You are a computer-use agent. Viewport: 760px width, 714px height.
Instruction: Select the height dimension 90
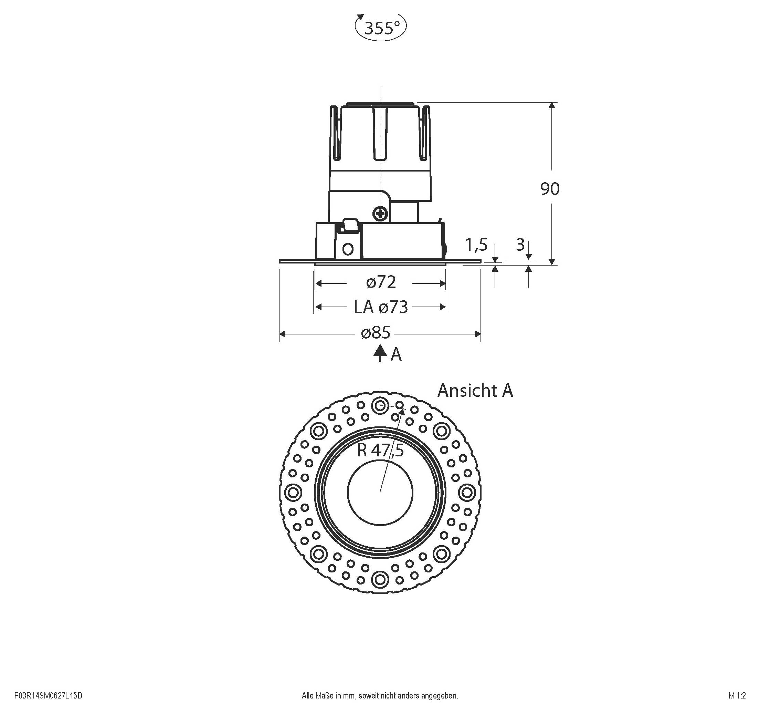point(549,189)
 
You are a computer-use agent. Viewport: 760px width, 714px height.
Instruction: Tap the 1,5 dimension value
point(476,245)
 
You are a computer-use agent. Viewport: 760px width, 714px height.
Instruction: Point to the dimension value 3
point(520,245)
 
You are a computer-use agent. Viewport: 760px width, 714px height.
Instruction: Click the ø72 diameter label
point(381,282)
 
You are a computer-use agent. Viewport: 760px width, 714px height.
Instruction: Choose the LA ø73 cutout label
point(381,307)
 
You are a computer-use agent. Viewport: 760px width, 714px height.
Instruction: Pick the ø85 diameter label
point(376,332)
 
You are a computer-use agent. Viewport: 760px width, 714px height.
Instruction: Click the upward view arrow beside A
point(380,353)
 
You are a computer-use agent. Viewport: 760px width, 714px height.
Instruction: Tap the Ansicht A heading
point(475,390)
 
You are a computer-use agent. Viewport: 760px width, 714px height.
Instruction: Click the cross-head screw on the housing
point(380,214)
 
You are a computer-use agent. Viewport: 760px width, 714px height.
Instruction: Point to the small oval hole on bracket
point(348,249)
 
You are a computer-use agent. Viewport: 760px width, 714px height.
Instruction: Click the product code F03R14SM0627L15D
point(48,696)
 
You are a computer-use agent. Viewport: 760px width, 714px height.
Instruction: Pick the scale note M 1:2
point(737,696)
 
